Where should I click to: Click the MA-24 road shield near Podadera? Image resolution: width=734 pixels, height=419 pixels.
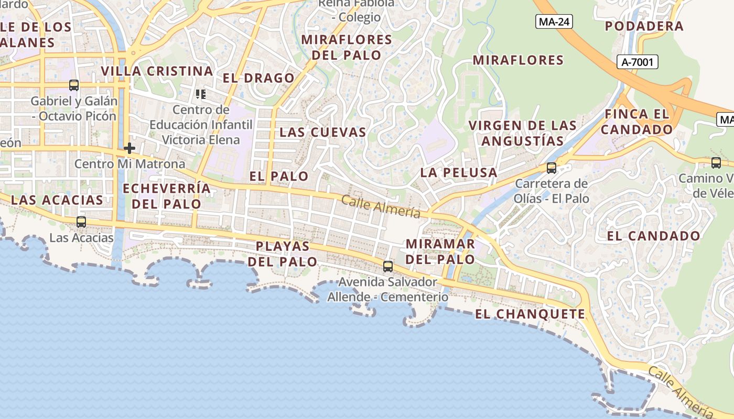(x=554, y=21)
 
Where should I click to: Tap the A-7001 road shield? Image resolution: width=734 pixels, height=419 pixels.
(x=637, y=62)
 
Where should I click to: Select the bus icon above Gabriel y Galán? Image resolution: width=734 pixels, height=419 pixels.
(x=74, y=85)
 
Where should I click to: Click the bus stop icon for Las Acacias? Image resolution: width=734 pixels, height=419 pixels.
(x=81, y=222)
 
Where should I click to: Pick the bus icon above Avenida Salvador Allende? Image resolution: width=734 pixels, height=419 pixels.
(x=388, y=267)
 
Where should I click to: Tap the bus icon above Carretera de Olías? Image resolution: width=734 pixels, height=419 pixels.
(x=552, y=168)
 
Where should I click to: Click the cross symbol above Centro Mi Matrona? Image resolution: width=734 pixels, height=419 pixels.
(x=129, y=148)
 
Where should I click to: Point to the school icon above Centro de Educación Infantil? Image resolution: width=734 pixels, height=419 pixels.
(x=200, y=94)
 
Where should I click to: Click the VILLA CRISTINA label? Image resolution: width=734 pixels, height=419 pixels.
(x=157, y=71)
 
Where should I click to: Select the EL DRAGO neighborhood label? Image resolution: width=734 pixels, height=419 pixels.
(x=258, y=79)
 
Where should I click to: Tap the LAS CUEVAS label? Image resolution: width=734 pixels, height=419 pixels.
(x=322, y=132)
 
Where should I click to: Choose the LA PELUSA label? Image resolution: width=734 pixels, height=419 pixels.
(x=459, y=172)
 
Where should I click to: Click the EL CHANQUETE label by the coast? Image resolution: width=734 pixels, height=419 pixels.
(x=530, y=314)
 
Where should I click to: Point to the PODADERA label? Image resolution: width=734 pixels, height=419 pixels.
(x=644, y=26)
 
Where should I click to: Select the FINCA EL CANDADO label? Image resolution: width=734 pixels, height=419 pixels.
(x=637, y=122)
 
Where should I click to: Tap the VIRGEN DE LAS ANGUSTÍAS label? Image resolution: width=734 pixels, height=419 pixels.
(x=523, y=133)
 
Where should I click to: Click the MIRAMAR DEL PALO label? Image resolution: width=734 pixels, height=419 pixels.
(x=440, y=251)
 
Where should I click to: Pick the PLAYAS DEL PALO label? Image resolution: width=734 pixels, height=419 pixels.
(x=283, y=253)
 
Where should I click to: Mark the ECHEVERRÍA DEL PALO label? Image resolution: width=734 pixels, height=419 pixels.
(x=166, y=196)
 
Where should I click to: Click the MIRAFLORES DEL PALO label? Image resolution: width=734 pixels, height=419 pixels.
(x=347, y=47)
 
